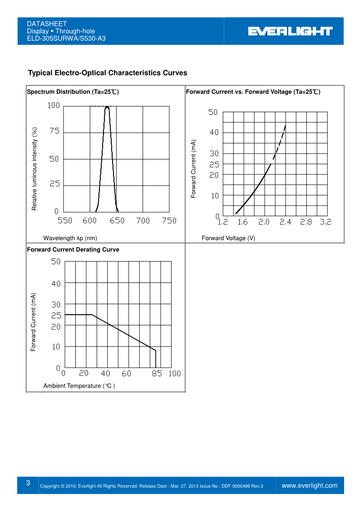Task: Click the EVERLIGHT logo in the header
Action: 290,31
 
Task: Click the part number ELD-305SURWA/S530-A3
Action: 66,38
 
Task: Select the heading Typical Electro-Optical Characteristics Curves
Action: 108,73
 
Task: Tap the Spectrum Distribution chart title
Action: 73,92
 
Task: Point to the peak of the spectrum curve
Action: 107,107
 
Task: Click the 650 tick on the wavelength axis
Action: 117,221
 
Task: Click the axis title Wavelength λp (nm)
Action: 70,238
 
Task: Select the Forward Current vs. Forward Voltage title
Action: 253,92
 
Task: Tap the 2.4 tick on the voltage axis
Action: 285,222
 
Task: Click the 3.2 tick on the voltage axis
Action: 325,222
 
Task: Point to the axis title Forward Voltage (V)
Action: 228,238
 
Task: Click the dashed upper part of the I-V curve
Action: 281,141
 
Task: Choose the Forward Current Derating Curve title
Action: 73,249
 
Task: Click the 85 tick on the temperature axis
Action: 157,374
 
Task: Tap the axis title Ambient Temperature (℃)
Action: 79,386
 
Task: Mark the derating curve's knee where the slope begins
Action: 92,314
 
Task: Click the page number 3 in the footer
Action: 28,483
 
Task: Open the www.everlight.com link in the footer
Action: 310,485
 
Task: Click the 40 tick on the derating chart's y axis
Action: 56,283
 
